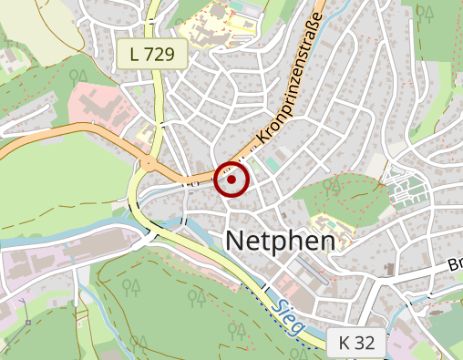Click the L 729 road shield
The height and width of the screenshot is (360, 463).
(151, 54)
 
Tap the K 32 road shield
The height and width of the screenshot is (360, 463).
(355, 343)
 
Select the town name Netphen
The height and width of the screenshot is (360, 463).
(278, 240)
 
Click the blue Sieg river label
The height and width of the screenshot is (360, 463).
(289, 318)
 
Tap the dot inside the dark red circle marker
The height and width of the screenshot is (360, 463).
(231, 180)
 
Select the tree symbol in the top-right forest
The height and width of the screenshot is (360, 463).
(424, 11)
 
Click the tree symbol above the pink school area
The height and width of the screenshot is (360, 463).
(80, 76)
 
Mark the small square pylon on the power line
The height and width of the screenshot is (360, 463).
(27, 321)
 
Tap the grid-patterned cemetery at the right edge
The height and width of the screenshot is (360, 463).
(406, 193)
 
